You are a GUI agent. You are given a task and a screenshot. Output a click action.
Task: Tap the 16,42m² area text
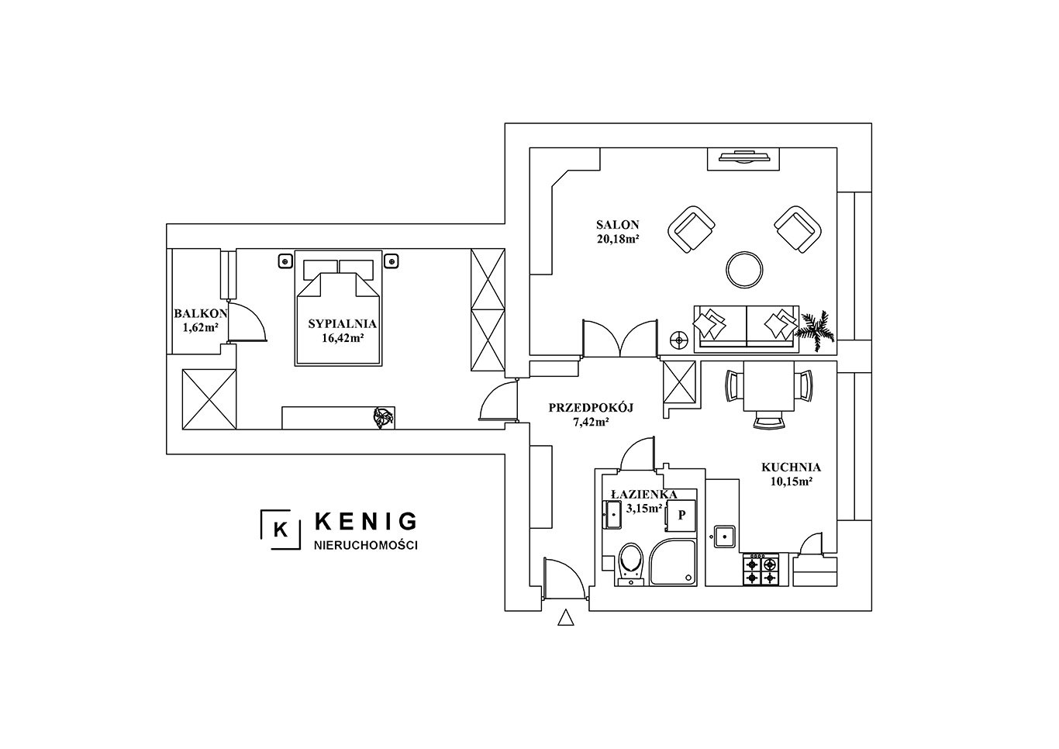(343, 337)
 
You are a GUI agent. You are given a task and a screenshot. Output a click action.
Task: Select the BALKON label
(201, 313)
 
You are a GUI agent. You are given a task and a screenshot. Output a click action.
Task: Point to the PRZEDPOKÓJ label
(591, 408)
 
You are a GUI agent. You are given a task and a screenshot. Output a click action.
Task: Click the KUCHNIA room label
(791, 468)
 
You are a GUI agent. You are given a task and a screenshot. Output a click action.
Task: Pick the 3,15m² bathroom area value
(644, 509)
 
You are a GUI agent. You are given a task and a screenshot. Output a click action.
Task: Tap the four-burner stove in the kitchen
(761, 570)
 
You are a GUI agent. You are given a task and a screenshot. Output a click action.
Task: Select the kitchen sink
(724, 537)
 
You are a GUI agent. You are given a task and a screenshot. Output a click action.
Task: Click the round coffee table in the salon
(744, 269)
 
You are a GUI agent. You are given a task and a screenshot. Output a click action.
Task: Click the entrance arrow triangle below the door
(565, 617)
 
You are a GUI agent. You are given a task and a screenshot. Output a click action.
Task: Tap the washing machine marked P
(681, 515)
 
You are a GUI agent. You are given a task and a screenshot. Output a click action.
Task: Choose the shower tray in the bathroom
(673, 563)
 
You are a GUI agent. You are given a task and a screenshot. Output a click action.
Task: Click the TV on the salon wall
(743, 156)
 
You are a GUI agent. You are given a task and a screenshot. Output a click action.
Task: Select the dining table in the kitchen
(769, 386)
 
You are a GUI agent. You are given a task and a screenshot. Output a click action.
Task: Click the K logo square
(281, 530)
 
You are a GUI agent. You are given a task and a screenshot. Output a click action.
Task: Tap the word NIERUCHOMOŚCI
(366, 546)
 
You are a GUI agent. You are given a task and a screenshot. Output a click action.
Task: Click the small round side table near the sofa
(680, 340)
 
